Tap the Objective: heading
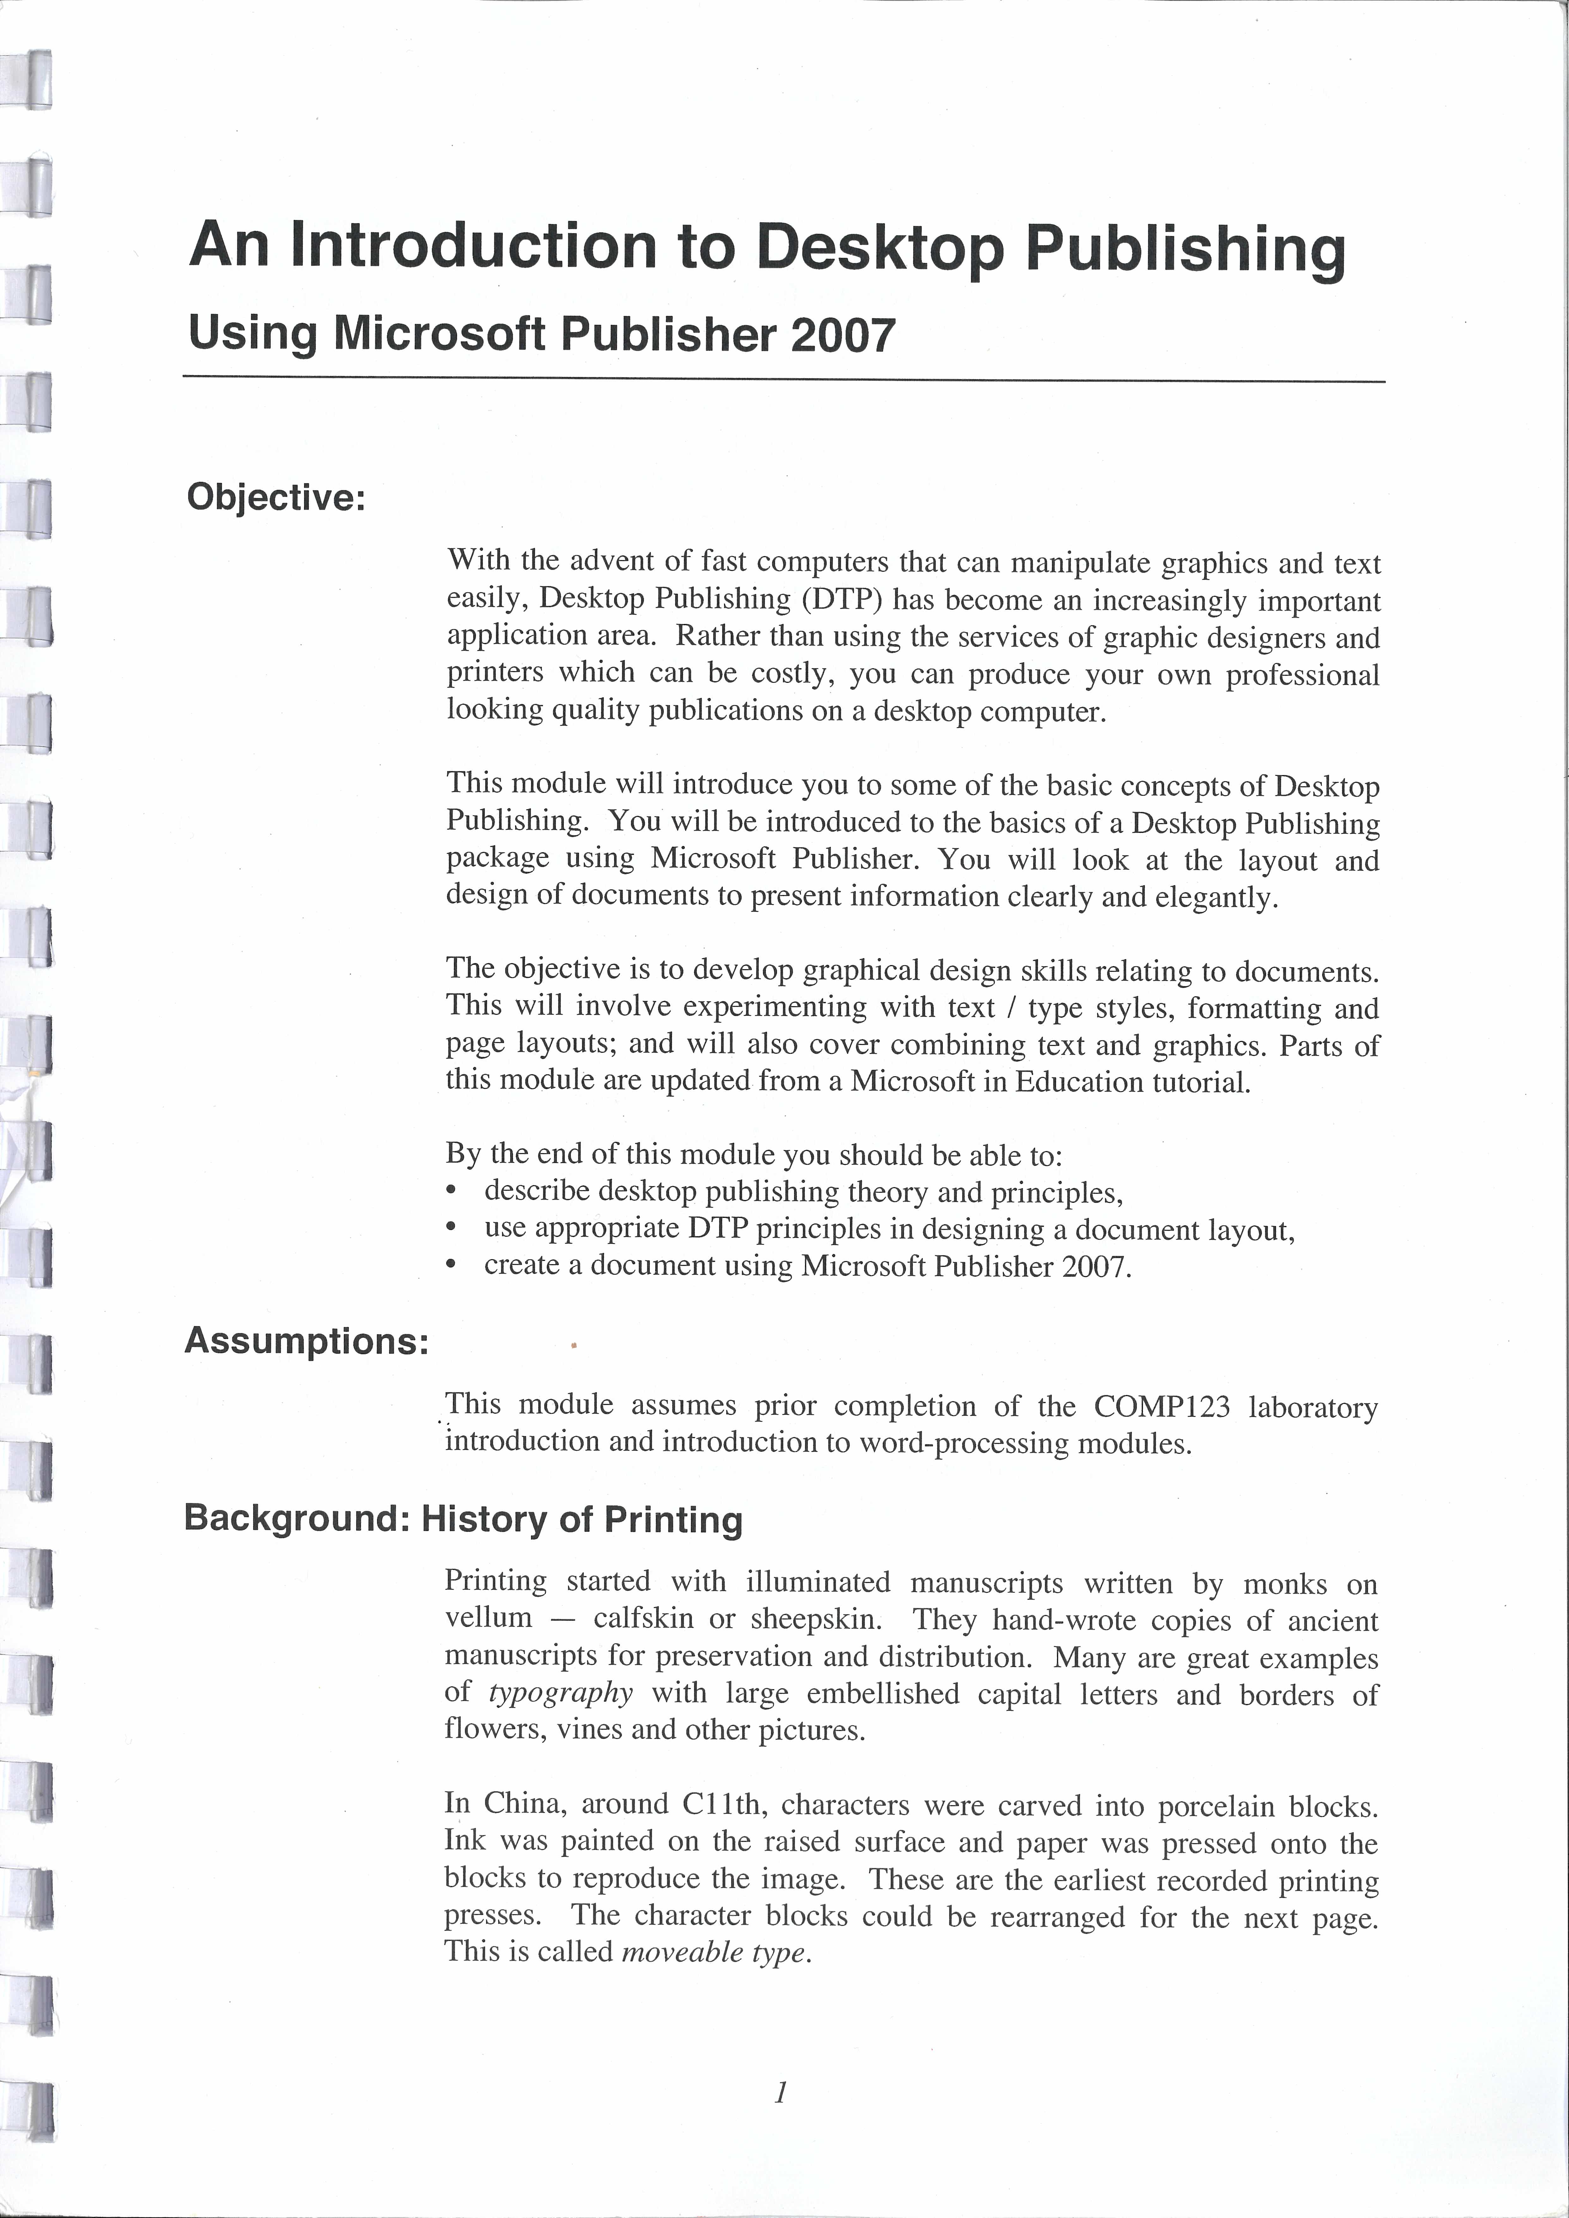click(x=276, y=498)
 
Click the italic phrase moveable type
click(x=713, y=1952)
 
